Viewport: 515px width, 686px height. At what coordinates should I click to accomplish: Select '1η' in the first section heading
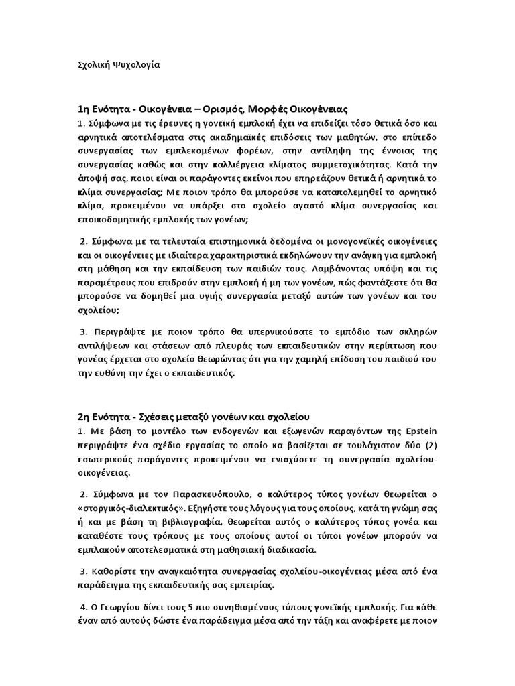tap(83, 109)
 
